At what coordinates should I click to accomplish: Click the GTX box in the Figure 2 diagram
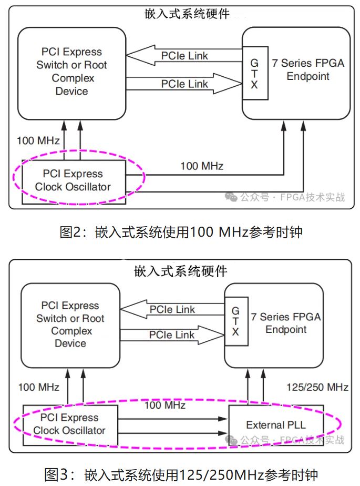tap(254, 73)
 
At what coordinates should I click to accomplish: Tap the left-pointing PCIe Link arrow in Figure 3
tap(172, 310)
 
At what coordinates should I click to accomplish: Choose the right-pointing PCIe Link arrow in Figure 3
tap(172, 335)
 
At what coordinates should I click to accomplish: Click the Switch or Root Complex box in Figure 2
tap(71, 72)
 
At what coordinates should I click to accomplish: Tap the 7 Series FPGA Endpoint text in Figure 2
tap(308, 69)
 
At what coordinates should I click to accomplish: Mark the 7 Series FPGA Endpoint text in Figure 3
tap(286, 323)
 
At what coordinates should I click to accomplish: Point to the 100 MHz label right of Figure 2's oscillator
tap(202, 166)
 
